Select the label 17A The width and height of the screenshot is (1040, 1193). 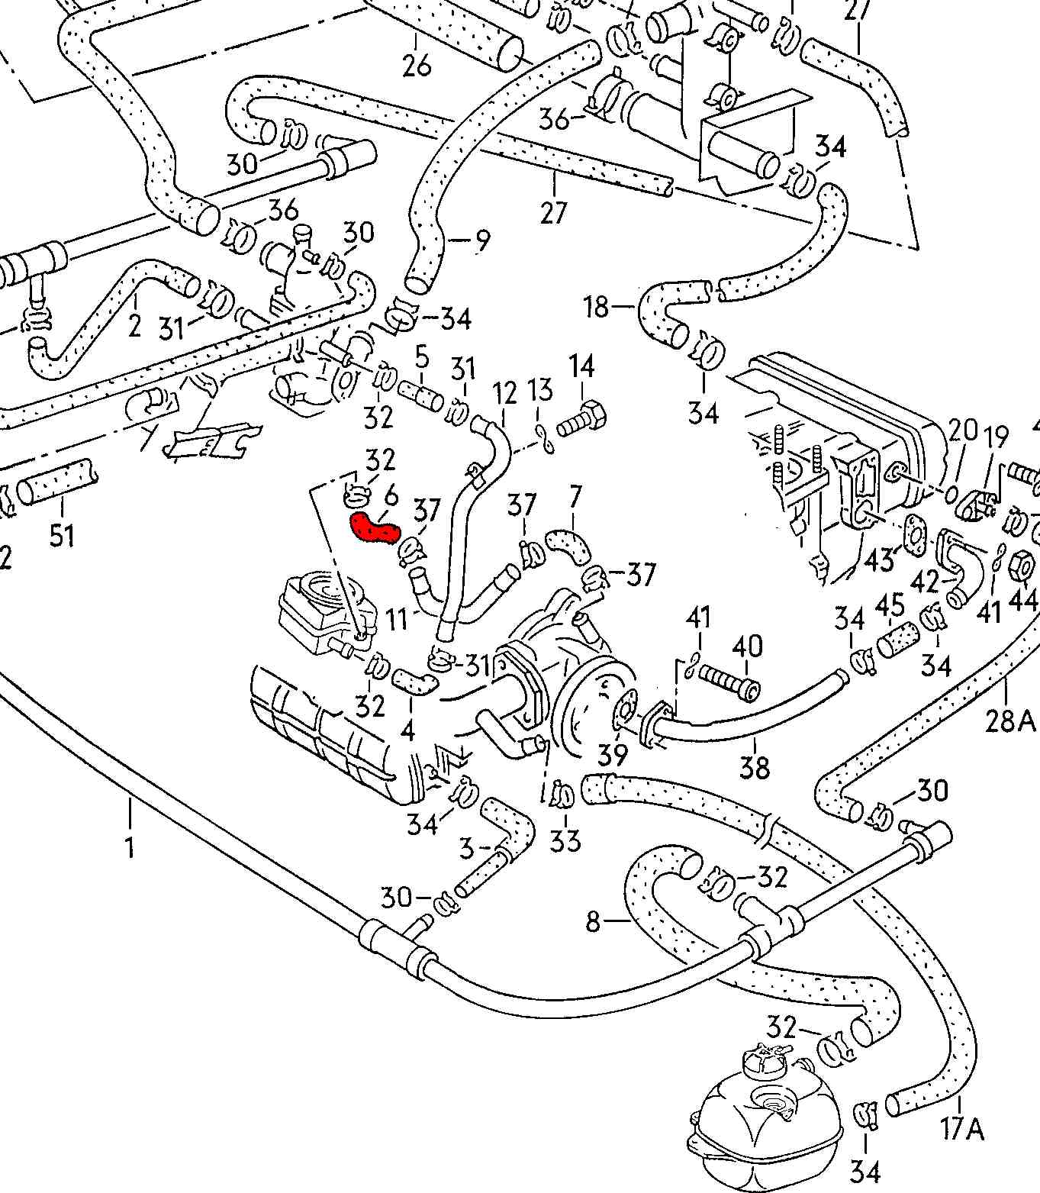pyautogui.click(x=962, y=1128)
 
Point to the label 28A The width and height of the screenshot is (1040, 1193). pyautogui.click(x=1009, y=720)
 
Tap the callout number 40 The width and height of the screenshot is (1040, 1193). pyautogui.click(x=747, y=646)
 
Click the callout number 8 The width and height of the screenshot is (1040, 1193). pyautogui.click(x=594, y=922)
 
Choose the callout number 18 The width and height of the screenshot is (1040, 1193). pyautogui.click(x=597, y=307)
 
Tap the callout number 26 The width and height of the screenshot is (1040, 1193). pyautogui.click(x=417, y=66)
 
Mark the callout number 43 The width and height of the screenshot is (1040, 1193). pyautogui.click(x=879, y=559)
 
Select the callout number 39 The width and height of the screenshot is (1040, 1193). pyautogui.click(x=613, y=755)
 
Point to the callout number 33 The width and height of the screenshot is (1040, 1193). pyautogui.click(x=565, y=840)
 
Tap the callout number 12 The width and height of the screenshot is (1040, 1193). pyautogui.click(x=504, y=393)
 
